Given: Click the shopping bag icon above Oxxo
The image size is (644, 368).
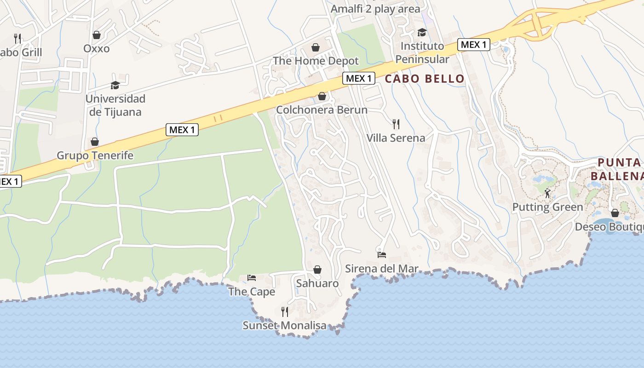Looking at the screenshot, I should [x=97, y=35].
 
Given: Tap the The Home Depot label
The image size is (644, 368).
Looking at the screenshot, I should [x=316, y=61].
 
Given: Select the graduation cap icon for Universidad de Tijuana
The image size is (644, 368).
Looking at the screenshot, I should [x=115, y=85].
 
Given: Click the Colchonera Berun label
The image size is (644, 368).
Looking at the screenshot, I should [x=322, y=110].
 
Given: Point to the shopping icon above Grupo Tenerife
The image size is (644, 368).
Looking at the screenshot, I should [x=95, y=142].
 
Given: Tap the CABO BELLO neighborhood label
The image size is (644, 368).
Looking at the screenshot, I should [x=425, y=79].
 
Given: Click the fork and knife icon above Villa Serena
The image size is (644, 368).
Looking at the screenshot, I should [x=396, y=124].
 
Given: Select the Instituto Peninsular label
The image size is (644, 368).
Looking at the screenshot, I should [x=422, y=52].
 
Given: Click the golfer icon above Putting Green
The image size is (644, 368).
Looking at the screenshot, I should [x=547, y=193].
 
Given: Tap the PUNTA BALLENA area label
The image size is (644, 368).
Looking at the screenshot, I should [x=616, y=169].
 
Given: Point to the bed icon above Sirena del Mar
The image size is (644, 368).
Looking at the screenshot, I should [x=382, y=254].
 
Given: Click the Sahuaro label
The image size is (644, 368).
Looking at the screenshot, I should [x=317, y=283].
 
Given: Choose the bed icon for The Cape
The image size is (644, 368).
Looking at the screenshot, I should [x=252, y=277].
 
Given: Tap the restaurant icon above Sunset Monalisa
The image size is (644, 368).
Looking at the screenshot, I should [x=285, y=312].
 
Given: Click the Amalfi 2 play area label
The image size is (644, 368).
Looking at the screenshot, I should [x=375, y=9].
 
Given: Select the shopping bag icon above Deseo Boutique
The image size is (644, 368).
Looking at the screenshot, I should [x=615, y=213].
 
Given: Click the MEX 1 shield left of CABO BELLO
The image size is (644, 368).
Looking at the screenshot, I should [x=359, y=78].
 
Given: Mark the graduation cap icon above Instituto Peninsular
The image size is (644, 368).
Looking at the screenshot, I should [x=422, y=32].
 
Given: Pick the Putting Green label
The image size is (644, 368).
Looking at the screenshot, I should [x=547, y=207].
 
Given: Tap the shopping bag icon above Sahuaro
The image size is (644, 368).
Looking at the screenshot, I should [x=317, y=270].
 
